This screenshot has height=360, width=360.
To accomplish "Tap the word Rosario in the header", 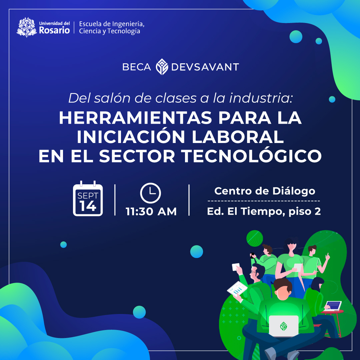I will (x=54, y=30).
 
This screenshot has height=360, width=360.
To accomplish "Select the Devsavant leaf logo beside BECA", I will (x=162, y=67).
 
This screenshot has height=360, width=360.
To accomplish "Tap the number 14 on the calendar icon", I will (x=88, y=206).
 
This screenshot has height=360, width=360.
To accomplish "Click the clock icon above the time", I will (x=151, y=193).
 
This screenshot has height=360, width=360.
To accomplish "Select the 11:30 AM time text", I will (x=151, y=212).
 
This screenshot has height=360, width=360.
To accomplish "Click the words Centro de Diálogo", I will (x=265, y=191).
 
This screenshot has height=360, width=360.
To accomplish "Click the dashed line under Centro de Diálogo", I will (x=264, y=201).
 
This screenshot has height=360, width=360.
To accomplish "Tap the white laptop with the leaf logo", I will (x=284, y=325).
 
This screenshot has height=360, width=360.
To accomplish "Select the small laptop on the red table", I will (x=333, y=305).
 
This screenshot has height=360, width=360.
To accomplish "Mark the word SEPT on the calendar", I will (x=88, y=196).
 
